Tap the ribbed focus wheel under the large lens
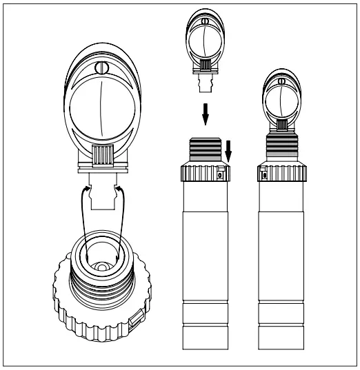103,154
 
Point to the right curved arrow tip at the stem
122,185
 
